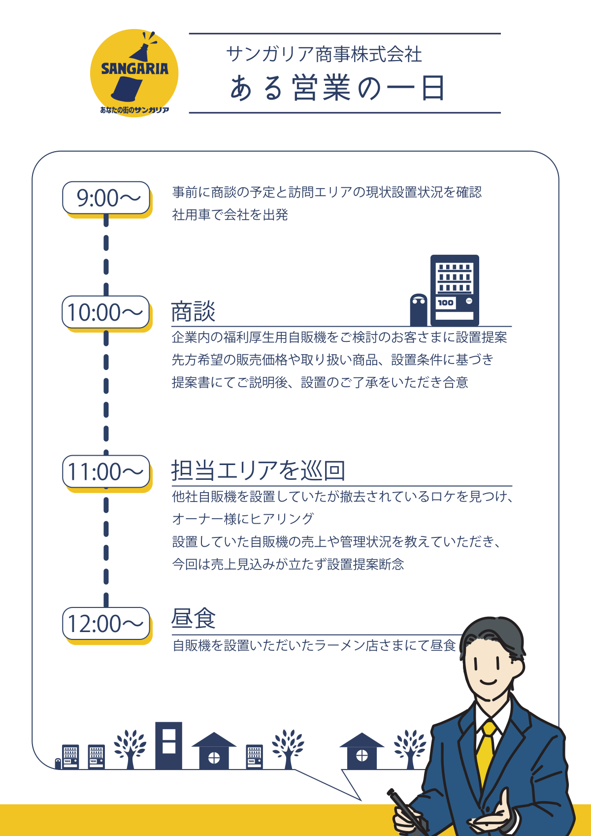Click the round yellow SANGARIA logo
(134, 73)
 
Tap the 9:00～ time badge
(106, 198)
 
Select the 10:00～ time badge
(106, 312)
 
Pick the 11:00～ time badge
(106, 471)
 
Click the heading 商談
(193, 312)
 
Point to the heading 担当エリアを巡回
(258, 470)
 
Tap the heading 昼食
(193, 619)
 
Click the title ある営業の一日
(337, 88)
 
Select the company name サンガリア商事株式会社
(324, 55)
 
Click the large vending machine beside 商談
(455, 290)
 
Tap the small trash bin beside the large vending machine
(419, 310)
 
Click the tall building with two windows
(168, 746)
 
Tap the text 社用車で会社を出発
(230, 215)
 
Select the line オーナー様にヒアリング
(243, 519)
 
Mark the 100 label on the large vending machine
(446, 302)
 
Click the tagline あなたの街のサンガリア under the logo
(134, 110)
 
